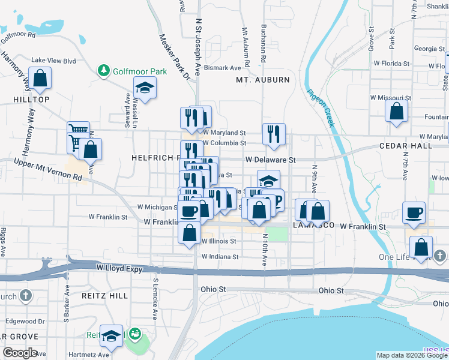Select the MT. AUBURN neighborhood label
point(262,80)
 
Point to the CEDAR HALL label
point(405,146)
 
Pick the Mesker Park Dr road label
point(173,57)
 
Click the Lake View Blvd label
point(53,61)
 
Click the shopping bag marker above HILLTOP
point(40,79)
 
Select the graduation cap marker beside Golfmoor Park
point(144,89)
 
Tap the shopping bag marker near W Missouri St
point(396,112)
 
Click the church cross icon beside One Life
point(439,257)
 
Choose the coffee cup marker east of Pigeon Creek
point(414,212)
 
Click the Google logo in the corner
point(20,353)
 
